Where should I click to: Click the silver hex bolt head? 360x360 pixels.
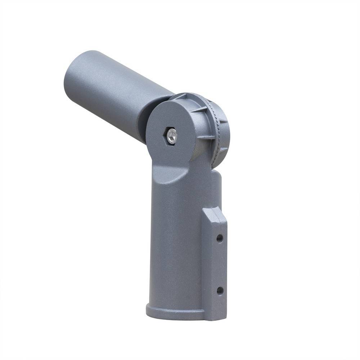(x=172, y=136)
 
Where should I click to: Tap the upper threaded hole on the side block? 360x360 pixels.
(x=220, y=238)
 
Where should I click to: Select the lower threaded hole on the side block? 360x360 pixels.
(x=220, y=291)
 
